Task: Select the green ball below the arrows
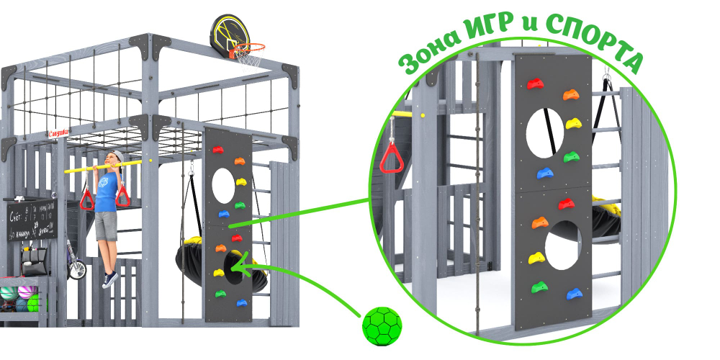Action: (x=381, y=323)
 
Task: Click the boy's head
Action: (x=114, y=159)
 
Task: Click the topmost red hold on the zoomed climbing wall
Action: (x=535, y=84)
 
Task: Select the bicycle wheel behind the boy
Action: (x=77, y=269)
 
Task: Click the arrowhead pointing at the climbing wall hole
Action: (x=238, y=270)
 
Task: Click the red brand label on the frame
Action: (x=58, y=132)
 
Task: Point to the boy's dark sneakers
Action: (x=110, y=279)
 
